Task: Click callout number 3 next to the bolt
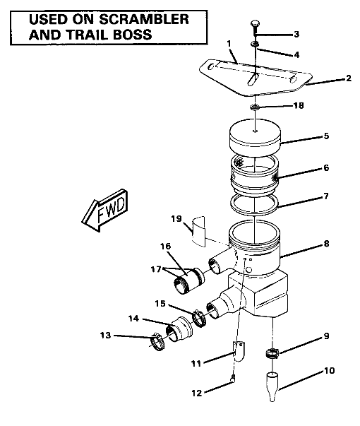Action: point(296,34)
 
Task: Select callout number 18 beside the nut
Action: point(298,105)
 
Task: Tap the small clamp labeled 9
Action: point(272,353)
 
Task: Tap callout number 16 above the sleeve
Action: point(166,247)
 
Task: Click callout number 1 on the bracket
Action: point(229,45)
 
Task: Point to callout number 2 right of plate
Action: point(347,79)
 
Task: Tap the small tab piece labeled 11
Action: point(239,350)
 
